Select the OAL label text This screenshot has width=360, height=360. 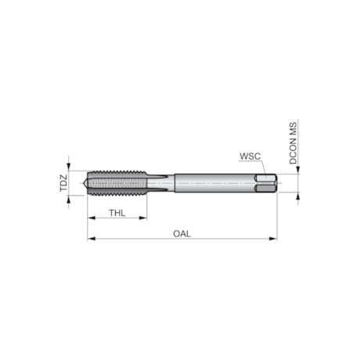pos(182,232)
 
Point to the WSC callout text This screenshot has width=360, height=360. pos(250,157)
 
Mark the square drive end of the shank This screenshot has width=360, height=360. pos(266,184)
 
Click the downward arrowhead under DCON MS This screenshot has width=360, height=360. pos(298,171)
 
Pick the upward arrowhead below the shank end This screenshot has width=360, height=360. pos(298,197)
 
